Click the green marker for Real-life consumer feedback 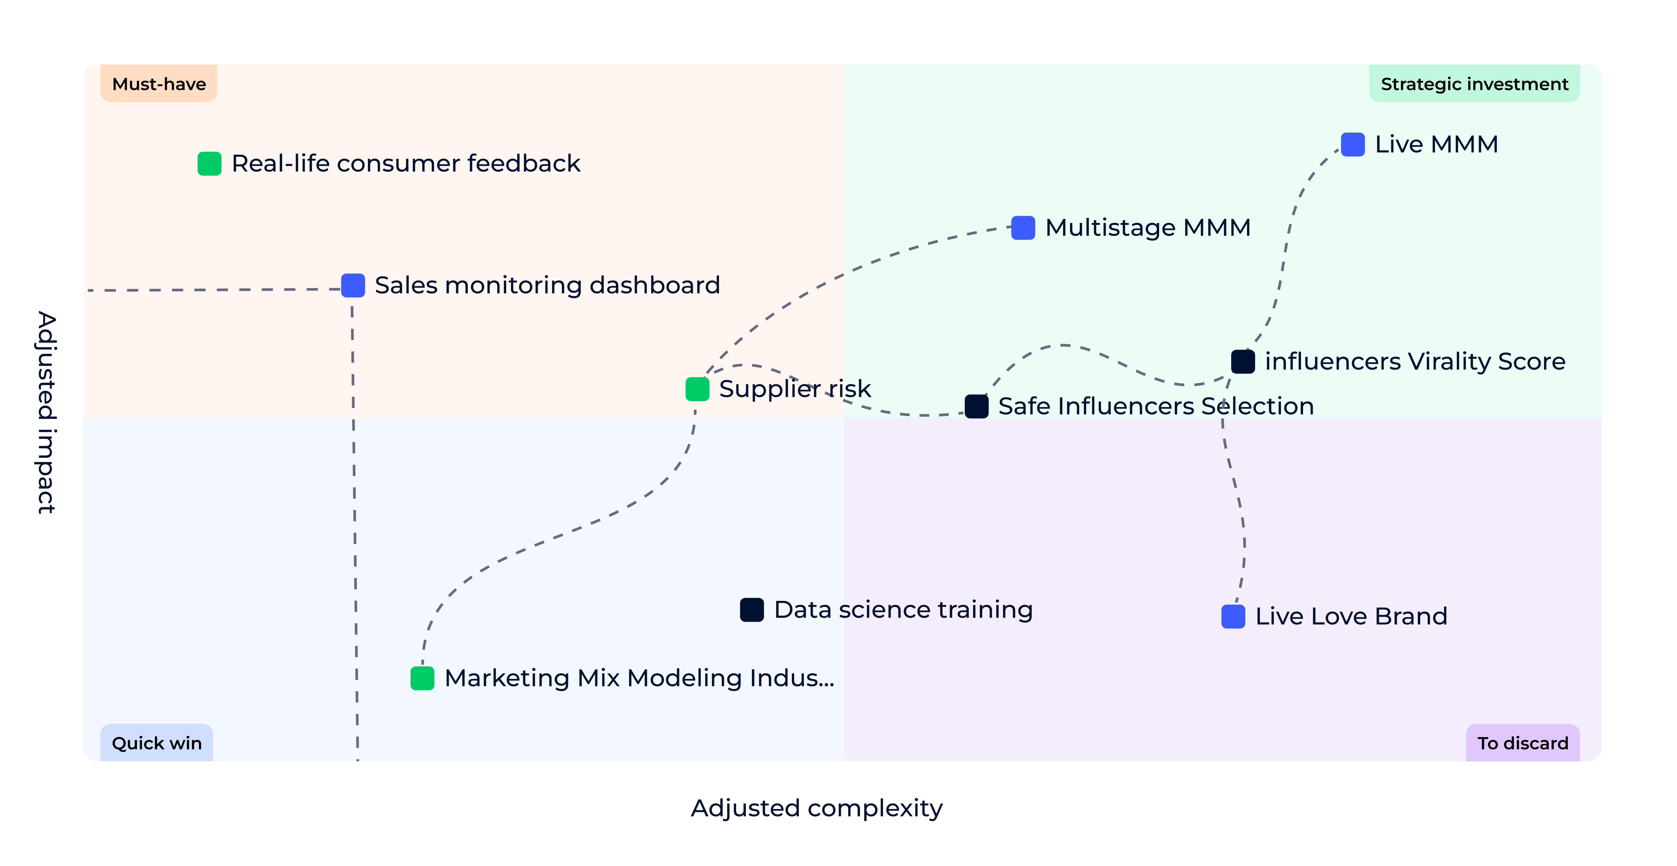coord(209,163)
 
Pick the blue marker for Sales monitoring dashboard coord(353,285)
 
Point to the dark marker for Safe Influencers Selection coord(976,406)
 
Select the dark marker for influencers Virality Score coord(1243,362)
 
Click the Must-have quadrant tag coord(159,84)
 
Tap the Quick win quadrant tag coord(157,743)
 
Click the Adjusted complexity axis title coord(816,808)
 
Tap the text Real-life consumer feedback coord(405,163)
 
